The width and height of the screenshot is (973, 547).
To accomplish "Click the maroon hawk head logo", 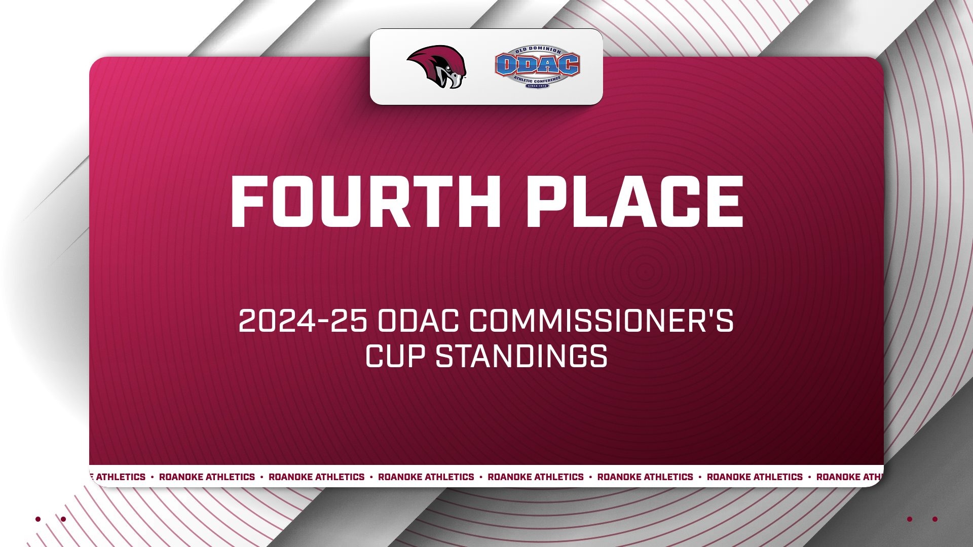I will tap(436, 67).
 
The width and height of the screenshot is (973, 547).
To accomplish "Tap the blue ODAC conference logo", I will tap(537, 66).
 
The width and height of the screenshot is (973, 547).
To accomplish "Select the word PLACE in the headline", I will tap(634, 202).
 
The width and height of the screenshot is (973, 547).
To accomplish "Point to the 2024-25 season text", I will tap(303, 321).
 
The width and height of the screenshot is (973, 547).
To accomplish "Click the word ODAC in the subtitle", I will tap(418, 321).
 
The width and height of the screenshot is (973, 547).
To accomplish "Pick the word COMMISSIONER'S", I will tap(601, 321).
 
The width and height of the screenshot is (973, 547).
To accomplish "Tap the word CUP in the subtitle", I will tap(395, 356).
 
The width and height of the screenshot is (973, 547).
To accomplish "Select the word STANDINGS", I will tap(521, 356).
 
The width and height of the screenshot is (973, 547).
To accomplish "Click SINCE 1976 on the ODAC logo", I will tap(537, 86).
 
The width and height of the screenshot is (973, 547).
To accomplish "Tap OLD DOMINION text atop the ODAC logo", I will tap(538, 50).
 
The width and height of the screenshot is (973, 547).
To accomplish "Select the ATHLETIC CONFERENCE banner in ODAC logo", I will tap(537, 80).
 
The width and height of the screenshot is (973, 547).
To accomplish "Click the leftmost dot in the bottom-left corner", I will tap(38, 519).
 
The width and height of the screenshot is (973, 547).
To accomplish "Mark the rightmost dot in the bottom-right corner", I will tap(935, 519).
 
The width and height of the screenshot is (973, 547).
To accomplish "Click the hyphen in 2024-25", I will tap(322, 322).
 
